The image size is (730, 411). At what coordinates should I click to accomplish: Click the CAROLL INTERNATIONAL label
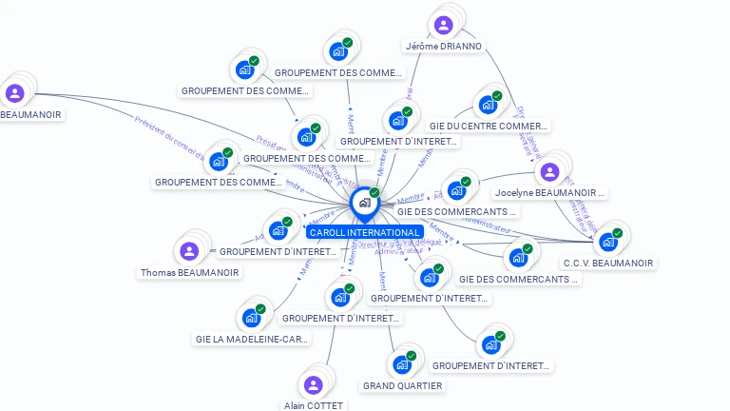[x=364, y=232]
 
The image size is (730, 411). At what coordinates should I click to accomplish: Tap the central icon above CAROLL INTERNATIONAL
[x=363, y=203]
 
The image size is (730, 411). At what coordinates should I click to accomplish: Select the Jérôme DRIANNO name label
[x=444, y=46]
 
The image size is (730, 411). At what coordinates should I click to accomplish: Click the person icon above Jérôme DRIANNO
[x=443, y=25]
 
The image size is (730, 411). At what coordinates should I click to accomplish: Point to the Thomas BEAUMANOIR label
[x=189, y=272]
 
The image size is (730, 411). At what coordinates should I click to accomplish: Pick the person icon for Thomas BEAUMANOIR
[x=188, y=251]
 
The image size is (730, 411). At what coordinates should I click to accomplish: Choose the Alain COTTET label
[x=314, y=405]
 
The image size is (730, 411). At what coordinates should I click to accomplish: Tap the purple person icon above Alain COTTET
[x=313, y=385]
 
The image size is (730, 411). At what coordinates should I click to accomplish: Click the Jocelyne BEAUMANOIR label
[x=550, y=193]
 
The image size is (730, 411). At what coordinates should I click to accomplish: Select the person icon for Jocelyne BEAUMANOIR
[x=548, y=172]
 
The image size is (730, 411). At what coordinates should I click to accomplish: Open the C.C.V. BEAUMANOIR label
[x=608, y=263]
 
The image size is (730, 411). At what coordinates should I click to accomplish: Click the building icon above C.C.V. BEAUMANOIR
[x=607, y=242]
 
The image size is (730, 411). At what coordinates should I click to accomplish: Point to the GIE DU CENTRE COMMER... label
[x=489, y=126]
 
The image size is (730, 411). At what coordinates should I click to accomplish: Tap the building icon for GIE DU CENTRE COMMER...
[x=488, y=104]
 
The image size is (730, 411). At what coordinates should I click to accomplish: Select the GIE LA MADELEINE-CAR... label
[x=252, y=339]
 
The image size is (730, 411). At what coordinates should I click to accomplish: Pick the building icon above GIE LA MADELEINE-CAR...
[x=251, y=317]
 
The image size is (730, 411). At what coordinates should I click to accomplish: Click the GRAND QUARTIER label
[x=402, y=385]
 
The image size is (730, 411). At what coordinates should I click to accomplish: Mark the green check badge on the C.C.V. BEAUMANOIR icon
[x=617, y=233]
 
